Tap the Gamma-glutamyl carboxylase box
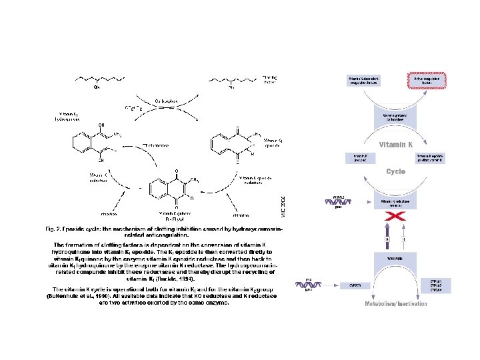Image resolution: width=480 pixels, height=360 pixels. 396,118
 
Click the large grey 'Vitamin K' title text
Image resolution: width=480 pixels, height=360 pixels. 396,145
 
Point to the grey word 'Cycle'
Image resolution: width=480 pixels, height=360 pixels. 396,171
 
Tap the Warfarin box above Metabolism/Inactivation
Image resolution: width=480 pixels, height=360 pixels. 396,257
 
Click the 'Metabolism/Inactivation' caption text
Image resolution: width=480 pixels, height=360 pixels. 396,304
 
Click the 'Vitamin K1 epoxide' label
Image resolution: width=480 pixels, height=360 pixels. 275,143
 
